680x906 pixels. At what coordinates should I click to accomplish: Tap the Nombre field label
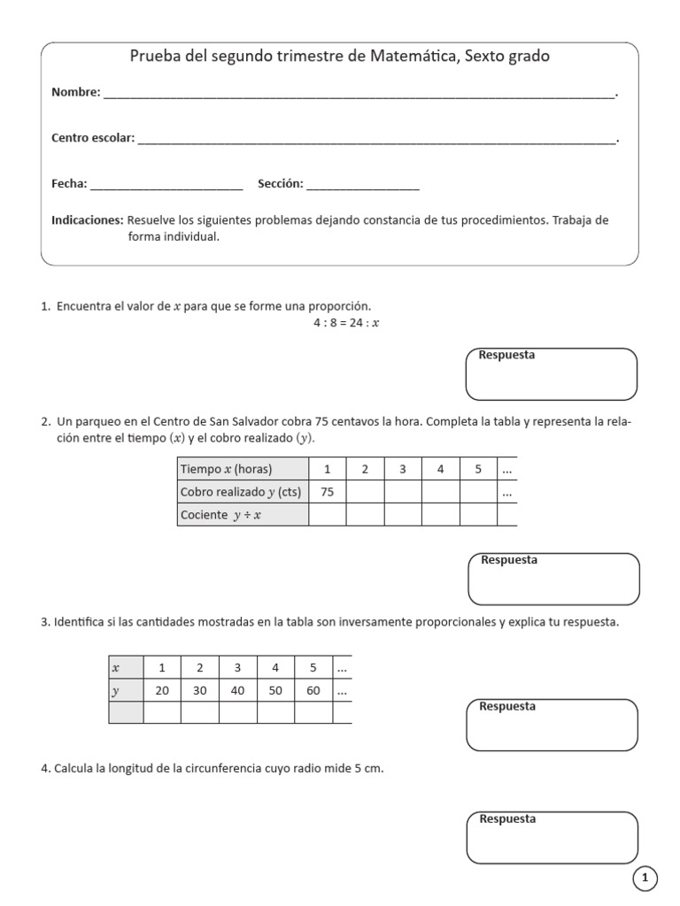click(76, 92)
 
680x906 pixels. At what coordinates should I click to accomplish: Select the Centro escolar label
click(93, 138)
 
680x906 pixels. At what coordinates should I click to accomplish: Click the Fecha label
click(69, 184)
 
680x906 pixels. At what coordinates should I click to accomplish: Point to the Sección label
click(281, 184)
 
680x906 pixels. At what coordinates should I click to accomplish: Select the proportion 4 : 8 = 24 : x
click(346, 323)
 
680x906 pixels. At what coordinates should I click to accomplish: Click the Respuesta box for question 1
click(551, 374)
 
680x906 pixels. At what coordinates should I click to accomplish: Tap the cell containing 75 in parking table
click(328, 493)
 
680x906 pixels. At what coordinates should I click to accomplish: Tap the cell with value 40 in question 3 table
click(237, 690)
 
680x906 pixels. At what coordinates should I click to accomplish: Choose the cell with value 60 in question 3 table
click(313, 690)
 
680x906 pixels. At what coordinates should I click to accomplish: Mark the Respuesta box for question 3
click(551, 725)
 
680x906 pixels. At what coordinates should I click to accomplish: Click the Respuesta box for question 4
click(551, 837)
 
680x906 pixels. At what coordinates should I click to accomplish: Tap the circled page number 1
click(645, 879)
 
